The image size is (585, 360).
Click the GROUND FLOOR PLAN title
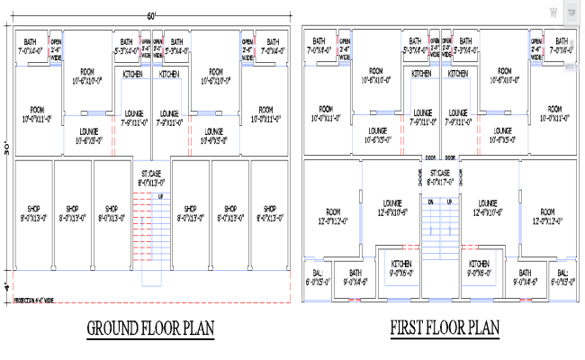pyautogui.click(x=150, y=328)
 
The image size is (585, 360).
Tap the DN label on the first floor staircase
pyautogui.click(x=432, y=202)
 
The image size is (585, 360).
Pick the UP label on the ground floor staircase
pyautogui.click(x=160, y=196)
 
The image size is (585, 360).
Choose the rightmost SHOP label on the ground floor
pyautogui.click(x=269, y=211)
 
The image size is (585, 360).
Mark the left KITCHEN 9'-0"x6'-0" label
pyautogui.click(x=400, y=267)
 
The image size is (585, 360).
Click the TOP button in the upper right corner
pyautogui.click(x=571, y=16)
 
